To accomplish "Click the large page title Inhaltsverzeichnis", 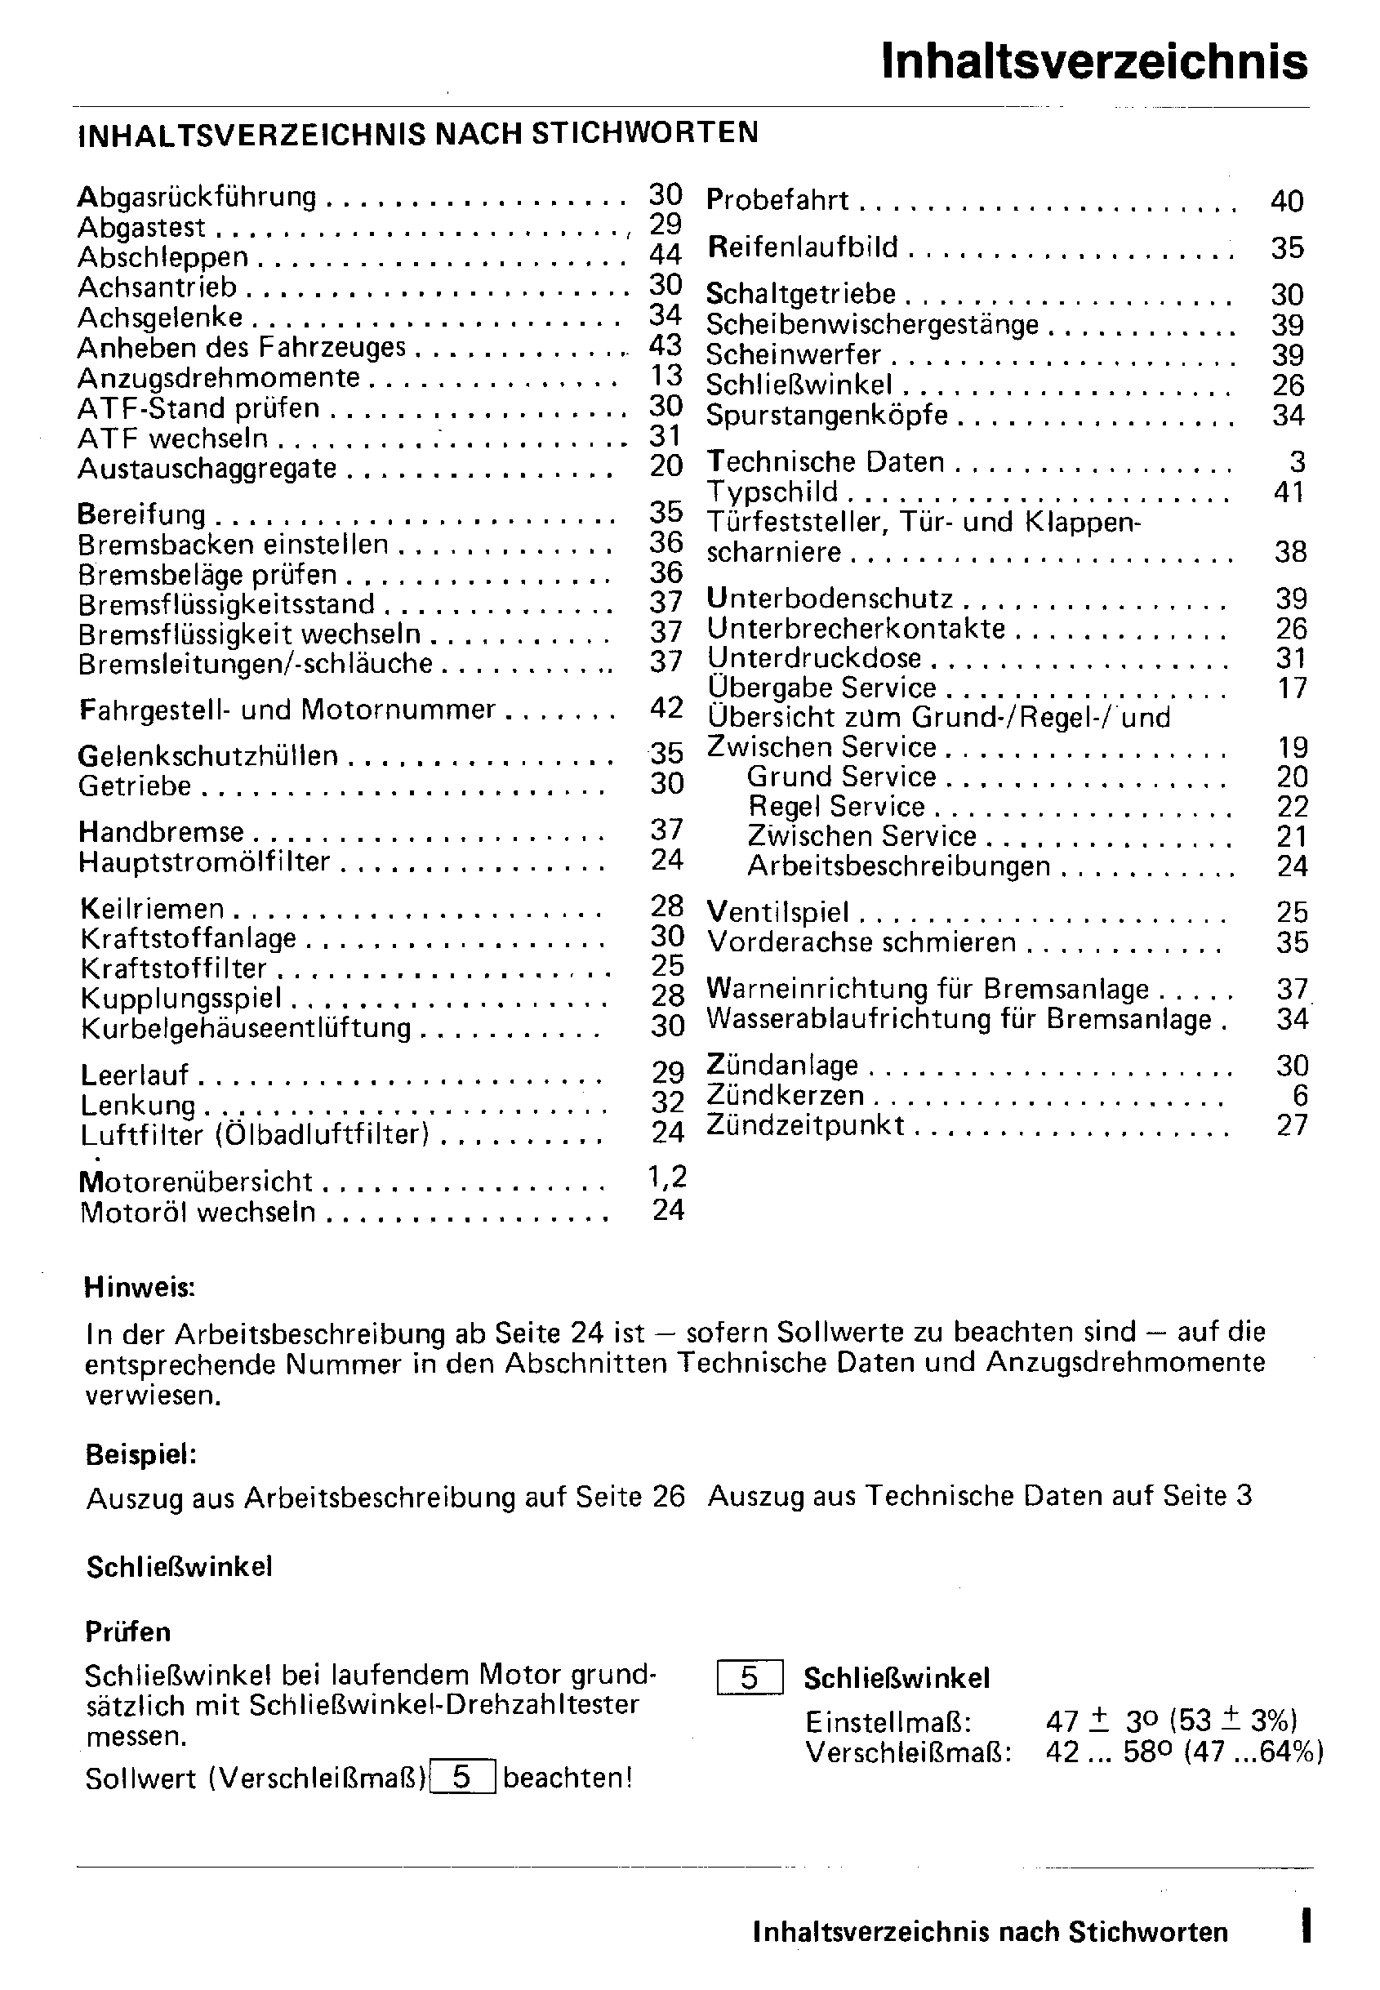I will coord(1094,62).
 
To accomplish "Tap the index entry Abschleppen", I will coord(162,257).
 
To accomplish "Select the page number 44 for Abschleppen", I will coord(665,254).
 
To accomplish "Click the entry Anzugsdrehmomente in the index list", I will coord(219,379).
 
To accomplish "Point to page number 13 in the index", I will coord(666,375).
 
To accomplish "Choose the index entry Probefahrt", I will coord(777,201).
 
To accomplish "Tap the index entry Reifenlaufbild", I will coord(803,247).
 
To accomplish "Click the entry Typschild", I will coord(772,492).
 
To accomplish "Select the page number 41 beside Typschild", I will coord(1289,492).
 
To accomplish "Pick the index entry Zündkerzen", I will coord(785,1095).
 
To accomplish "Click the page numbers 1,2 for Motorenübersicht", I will coord(666,1177).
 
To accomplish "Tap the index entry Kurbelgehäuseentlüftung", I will coord(246,1028).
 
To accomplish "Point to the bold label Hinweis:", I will coord(139,1287).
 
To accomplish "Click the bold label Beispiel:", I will coord(141,1455).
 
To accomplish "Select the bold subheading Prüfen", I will coord(128,1632).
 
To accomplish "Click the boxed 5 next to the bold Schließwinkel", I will coord(750,1678).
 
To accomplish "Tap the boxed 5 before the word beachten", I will coord(461,1778).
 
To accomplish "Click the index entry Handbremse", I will coord(161,831).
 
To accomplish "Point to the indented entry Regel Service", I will coord(836,807).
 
